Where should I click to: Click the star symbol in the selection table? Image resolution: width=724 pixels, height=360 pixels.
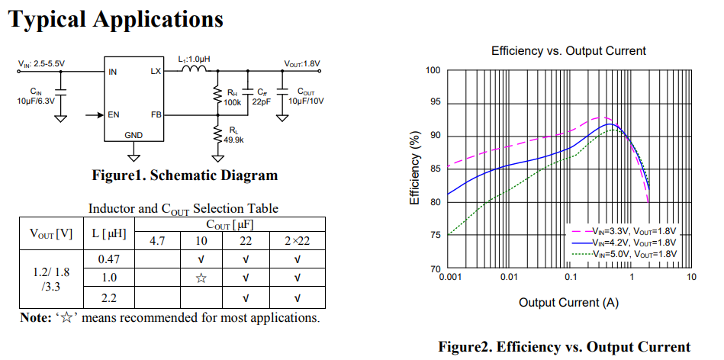click(x=201, y=278)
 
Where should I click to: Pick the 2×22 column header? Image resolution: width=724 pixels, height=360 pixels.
click(x=297, y=241)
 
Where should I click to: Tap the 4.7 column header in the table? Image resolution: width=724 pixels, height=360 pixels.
click(x=157, y=241)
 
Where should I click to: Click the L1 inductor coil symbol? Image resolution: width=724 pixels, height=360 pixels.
click(x=194, y=70)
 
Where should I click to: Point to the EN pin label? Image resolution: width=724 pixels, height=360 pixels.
click(x=114, y=115)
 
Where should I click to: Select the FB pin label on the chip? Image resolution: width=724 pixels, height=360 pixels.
click(x=156, y=115)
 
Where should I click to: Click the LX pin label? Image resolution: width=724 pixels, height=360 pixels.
click(x=156, y=72)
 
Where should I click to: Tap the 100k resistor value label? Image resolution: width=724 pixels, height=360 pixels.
click(x=232, y=102)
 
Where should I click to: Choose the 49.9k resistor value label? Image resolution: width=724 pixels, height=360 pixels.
click(x=233, y=140)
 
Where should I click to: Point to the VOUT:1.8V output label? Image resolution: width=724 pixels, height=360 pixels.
click(x=302, y=63)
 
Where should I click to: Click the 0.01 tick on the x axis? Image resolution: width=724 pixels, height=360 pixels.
click(x=509, y=276)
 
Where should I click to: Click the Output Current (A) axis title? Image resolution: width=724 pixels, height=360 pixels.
click(x=569, y=303)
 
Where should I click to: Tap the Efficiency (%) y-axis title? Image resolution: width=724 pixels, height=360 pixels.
click(x=415, y=169)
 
